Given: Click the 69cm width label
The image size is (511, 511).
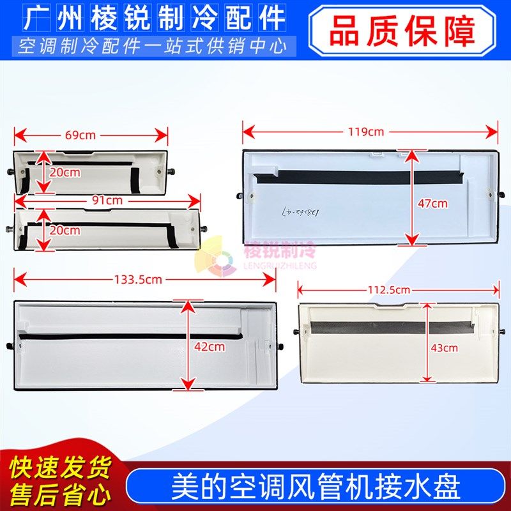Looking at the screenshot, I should pos(81,135).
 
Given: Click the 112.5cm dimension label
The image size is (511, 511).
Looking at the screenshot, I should pos(388,289).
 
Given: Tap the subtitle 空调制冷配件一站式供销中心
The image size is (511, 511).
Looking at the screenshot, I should pos(153,46).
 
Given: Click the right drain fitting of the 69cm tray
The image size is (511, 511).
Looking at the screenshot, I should pos(174,172).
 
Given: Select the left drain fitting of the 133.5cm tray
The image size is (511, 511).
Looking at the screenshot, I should pos(10,346).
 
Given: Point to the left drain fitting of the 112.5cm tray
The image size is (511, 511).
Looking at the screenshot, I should pos(296,332).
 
